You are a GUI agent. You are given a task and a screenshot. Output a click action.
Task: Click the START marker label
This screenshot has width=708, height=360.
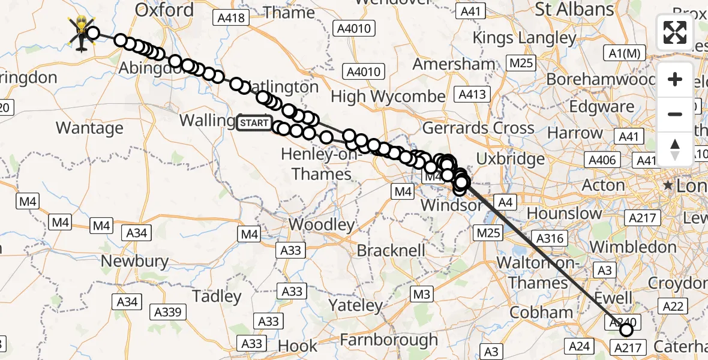pyautogui.click(x=254, y=124)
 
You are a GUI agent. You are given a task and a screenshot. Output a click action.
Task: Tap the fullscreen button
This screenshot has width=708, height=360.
pyautogui.click(x=675, y=32)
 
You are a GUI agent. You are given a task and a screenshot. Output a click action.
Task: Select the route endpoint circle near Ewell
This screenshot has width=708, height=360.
pyautogui.click(x=626, y=329)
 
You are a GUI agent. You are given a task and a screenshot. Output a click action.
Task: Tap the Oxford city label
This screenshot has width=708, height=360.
pyautogui.click(x=164, y=10)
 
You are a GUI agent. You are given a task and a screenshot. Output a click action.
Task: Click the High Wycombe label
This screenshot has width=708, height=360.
pyautogui.click(x=388, y=96)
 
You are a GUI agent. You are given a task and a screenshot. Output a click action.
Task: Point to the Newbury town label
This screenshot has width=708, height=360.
pyautogui.click(x=134, y=261)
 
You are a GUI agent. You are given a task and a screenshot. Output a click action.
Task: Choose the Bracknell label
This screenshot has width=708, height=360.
pyautogui.click(x=391, y=250)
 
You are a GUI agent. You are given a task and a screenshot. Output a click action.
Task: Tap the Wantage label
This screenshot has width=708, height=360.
pyautogui.click(x=89, y=128)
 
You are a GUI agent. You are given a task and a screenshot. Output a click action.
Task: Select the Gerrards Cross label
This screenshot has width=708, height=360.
pyautogui.click(x=478, y=128)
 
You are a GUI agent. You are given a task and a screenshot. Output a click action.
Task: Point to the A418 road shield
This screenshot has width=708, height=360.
pyautogui.click(x=231, y=18)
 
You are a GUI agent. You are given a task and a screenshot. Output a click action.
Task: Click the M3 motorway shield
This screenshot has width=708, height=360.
pyautogui.click(x=422, y=294)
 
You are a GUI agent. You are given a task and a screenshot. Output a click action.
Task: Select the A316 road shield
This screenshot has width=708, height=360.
pyautogui.click(x=549, y=239)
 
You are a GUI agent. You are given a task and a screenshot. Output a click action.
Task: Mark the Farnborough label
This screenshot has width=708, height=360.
pyautogui.click(x=388, y=340)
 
